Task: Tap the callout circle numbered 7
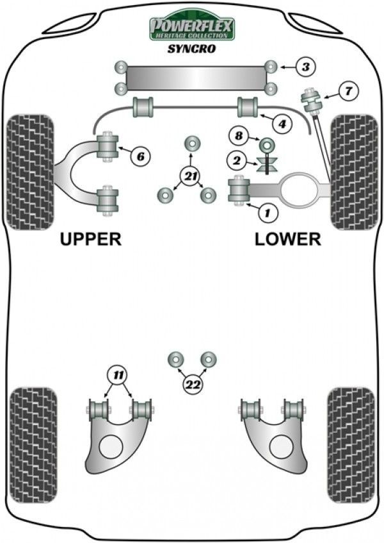coord(348,91)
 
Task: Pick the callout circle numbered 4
coord(280,122)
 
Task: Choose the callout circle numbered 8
coord(238,136)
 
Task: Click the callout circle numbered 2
coord(238,160)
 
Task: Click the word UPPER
coord(90,239)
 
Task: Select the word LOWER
coord(287,239)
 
